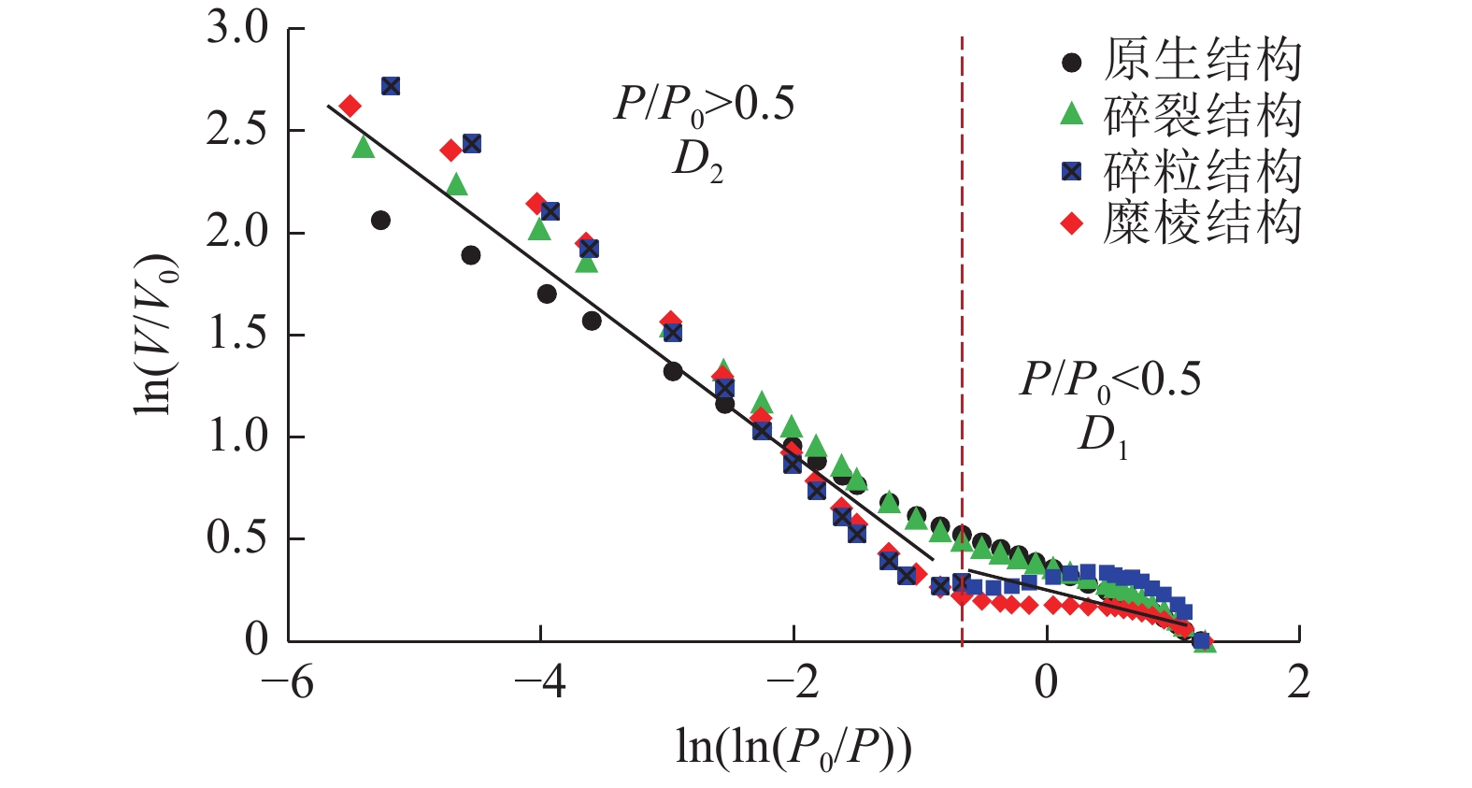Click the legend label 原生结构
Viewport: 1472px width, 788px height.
[x=1202, y=61]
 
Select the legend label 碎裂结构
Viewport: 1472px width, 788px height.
[x=1202, y=116]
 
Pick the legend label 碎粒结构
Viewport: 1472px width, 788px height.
[x=1202, y=170]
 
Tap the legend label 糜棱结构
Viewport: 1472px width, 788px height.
[x=1202, y=224]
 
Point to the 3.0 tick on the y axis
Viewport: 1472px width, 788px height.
[x=237, y=29]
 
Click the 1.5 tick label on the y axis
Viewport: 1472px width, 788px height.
[x=237, y=335]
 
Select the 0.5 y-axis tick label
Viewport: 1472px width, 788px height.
[x=237, y=538]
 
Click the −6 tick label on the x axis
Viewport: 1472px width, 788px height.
[x=288, y=683]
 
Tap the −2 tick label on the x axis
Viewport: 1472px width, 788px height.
[x=793, y=683]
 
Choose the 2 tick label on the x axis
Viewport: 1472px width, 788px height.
[x=1298, y=683]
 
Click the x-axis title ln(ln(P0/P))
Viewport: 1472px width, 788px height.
[x=793, y=747]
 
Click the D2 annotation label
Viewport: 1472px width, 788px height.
[x=697, y=162]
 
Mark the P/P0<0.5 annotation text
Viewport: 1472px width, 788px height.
[x=1110, y=380]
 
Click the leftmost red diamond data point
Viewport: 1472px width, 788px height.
[x=350, y=106]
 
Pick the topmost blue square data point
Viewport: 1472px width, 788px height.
[x=391, y=86]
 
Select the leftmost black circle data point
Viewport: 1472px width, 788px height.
[x=380, y=221]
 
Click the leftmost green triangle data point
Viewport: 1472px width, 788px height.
[x=364, y=147]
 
